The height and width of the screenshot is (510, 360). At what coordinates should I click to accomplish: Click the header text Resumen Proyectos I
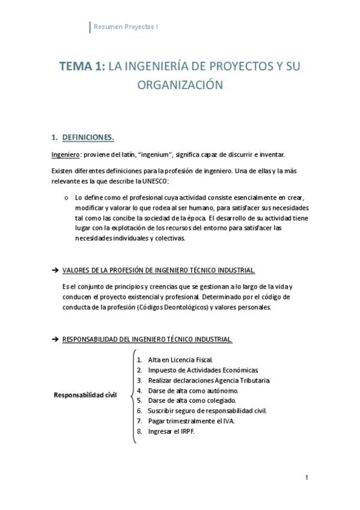126,27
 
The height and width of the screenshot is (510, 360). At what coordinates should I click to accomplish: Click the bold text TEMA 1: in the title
82,67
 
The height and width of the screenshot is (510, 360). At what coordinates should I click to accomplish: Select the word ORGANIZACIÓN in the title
180,85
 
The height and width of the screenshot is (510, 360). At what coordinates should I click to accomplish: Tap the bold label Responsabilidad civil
85,395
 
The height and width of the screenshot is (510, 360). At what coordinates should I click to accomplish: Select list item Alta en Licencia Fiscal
180,360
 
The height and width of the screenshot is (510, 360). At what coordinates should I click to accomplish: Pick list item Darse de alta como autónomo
193,390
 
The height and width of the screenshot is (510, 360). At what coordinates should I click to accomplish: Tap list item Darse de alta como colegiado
192,401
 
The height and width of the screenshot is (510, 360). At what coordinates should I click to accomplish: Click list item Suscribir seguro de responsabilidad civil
207,411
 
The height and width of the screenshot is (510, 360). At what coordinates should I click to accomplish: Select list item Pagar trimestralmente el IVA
191,421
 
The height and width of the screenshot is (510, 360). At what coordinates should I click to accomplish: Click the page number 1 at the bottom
306,478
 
